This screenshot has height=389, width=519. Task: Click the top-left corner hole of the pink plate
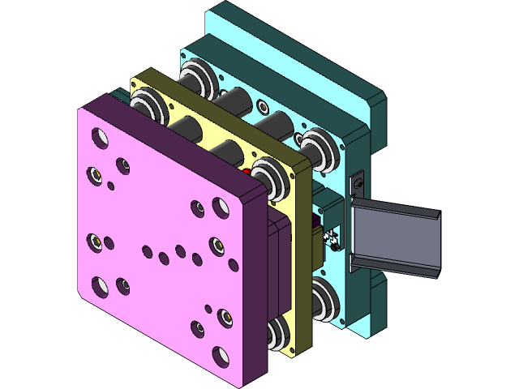[x=100, y=138]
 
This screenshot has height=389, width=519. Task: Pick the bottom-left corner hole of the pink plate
[x=100, y=284]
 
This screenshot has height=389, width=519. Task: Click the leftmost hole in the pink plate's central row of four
[x=147, y=251]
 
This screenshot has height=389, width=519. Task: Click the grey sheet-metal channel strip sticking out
[x=397, y=239]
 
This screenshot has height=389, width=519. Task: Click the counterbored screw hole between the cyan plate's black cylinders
[x=261, y=106]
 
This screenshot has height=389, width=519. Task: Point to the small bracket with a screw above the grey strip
[x=357, y=185]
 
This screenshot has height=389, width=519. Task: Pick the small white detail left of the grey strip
[x=331, y=237]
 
